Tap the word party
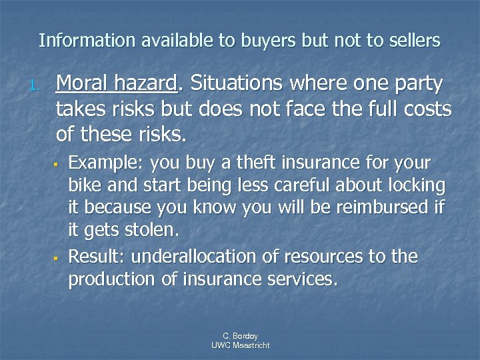[x=421, y=85]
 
